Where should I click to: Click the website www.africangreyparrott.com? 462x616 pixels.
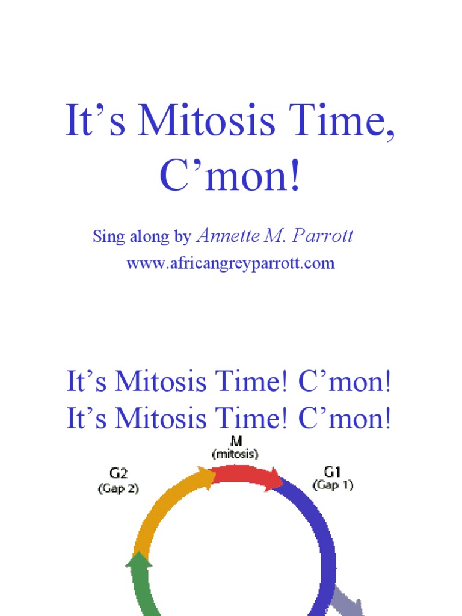pyautogui.click(x=230, y=263)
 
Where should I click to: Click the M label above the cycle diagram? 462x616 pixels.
pyautogui.click(x=236, y=441)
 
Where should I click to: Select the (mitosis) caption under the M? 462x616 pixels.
pyautogui.click(x=236, y=454)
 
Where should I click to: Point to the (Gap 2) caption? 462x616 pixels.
pyautogui.click(x=118, y=489)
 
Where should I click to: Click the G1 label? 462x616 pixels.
pyautogui.click(x=332, y=472)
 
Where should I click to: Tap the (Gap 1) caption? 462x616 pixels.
pyautogui.click(x=332, y=485)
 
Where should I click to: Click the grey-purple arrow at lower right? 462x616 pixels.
pyautogui.click(x=350, y=599)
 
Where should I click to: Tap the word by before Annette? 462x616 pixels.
pyautogui.click(x=182, y=237)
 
